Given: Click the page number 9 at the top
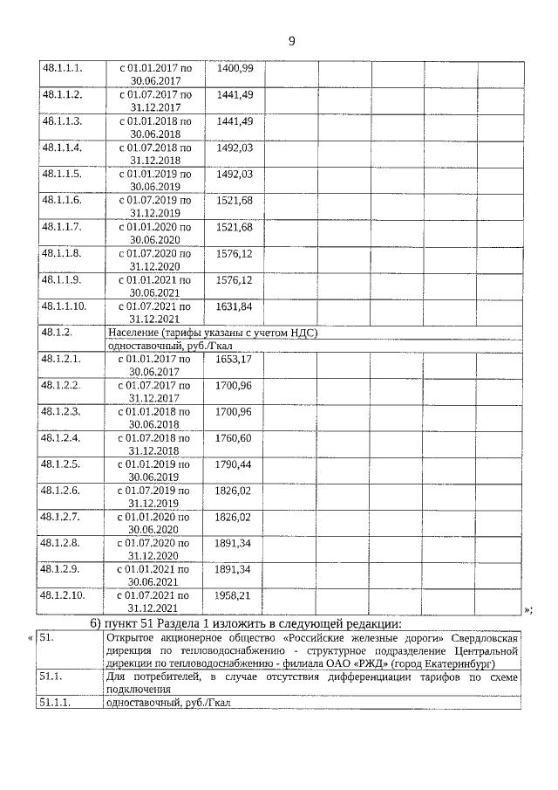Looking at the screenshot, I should pos(292,40).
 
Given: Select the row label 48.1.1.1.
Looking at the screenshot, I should pos(61,68).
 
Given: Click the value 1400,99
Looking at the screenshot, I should pos(235,68).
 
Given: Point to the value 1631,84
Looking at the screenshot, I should pos(235,306).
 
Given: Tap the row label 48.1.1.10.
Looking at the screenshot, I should pos(64,306).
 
